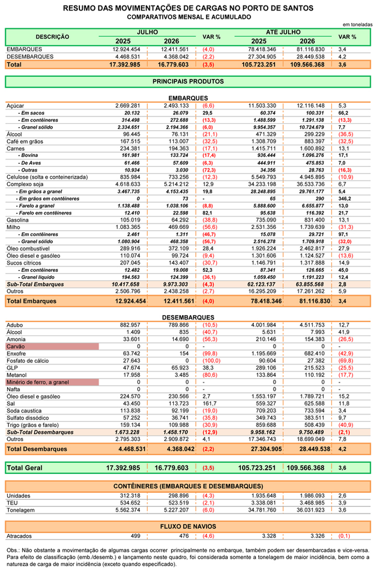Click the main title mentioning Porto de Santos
pos(188,8)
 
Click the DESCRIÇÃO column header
pos(52,37)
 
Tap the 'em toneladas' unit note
pos(358,24)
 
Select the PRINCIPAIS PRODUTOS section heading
pos(188,82)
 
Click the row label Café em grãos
pos(24,142)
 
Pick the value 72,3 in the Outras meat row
pos(208,170)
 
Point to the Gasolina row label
pos(17,220)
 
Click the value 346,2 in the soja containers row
pos(345,199)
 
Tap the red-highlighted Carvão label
pos(16,347)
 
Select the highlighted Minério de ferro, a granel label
pos(38,382)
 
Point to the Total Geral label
pos(24,468)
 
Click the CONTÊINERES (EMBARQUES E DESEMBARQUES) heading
pos(188,486)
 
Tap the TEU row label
pos(12,503)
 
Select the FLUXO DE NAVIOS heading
pos(188,527)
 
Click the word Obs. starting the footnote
pos(13,551)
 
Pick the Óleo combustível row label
pos(28,248)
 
